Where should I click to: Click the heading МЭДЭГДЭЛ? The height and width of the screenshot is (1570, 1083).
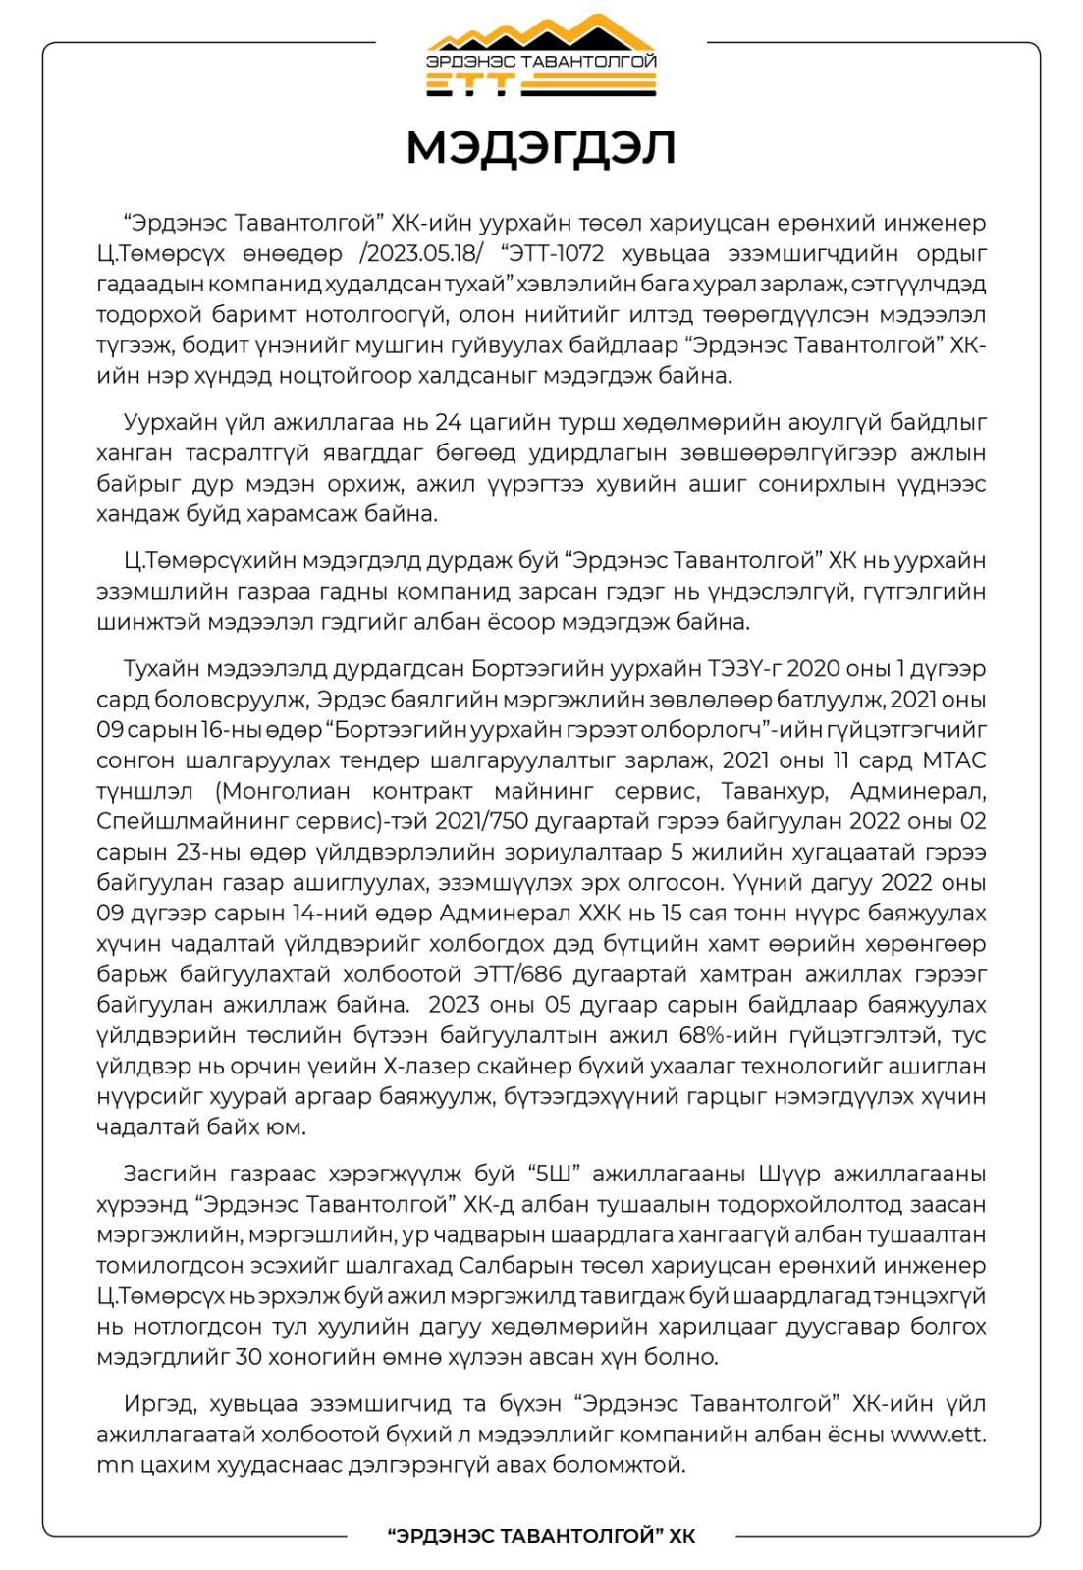541,148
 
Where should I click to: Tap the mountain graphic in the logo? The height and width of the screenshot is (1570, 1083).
541,34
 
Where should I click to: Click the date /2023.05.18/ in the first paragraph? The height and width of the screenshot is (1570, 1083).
422,253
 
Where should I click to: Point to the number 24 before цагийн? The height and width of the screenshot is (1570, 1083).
448,422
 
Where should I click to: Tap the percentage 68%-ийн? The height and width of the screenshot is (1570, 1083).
722,1035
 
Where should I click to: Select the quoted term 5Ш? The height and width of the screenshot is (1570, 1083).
553,1174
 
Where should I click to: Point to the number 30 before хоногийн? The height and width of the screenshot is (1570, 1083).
249,1357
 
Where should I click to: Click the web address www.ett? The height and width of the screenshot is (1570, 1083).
938,1434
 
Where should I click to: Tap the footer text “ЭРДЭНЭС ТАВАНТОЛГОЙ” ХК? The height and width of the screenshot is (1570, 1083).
541,1536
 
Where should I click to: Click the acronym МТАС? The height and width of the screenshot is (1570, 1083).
953,759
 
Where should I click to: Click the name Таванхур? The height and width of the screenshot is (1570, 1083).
775,790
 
